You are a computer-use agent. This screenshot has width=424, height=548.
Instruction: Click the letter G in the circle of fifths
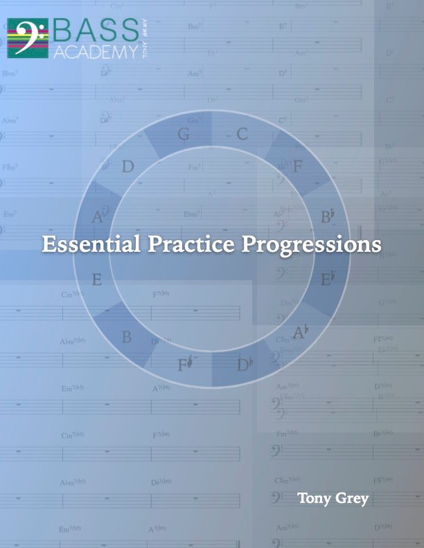[184, 134]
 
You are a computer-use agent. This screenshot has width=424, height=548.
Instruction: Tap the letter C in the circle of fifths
[242, 134]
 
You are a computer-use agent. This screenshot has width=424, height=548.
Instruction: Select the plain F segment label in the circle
[298, 166]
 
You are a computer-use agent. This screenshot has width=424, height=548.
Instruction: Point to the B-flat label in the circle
[328, 217]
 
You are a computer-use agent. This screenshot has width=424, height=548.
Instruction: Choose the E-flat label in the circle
[328, 279]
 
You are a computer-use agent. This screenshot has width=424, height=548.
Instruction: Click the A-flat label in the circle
[300, 333]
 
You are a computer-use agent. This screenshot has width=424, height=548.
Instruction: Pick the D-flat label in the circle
[244, 364]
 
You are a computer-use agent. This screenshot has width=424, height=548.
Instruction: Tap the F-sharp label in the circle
[183, 364]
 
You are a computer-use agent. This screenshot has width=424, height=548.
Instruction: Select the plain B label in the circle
[127, 338]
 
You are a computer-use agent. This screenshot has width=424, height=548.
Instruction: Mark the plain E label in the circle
[97, 280]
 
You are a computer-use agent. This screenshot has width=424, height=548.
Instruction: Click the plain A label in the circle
[98, 218]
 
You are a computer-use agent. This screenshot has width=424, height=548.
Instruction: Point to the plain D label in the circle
[127, 167]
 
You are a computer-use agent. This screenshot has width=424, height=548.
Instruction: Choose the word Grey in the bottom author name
[353, 499]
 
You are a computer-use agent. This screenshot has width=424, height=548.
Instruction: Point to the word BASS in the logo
[96, 30]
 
